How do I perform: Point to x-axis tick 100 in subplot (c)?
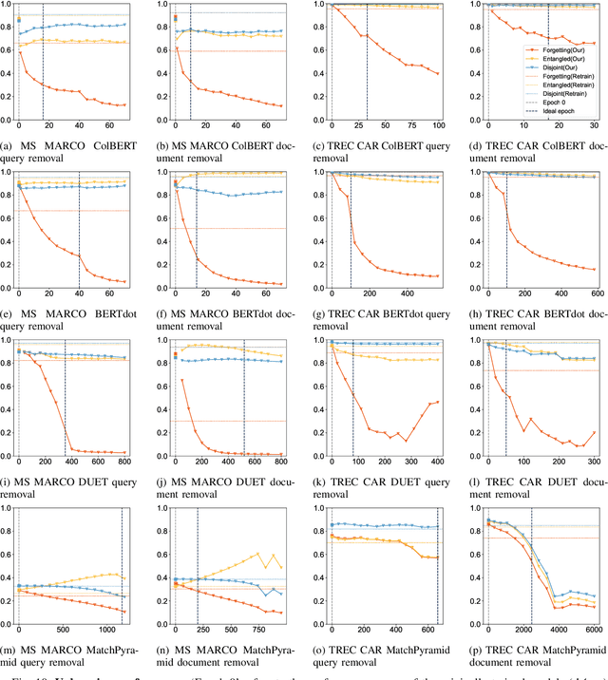[439, 127]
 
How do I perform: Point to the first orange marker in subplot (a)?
[18, 52]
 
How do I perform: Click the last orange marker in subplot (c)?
[439, 73]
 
